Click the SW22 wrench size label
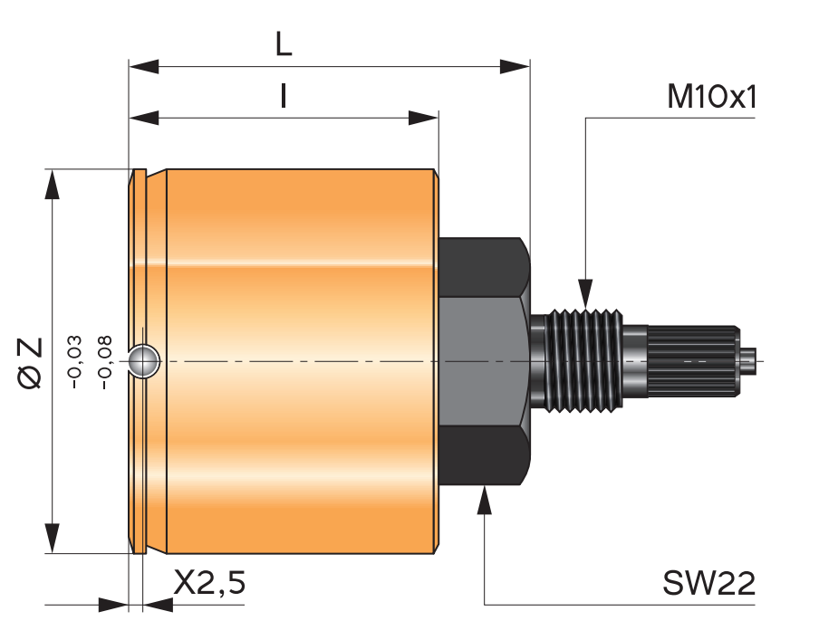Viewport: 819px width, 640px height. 709,584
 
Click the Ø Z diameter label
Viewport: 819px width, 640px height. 30,362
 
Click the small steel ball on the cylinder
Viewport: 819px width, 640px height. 144,360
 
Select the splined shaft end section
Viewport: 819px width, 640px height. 693,361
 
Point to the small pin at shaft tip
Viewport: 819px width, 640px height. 749,361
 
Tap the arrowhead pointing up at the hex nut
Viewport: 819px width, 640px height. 485,501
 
